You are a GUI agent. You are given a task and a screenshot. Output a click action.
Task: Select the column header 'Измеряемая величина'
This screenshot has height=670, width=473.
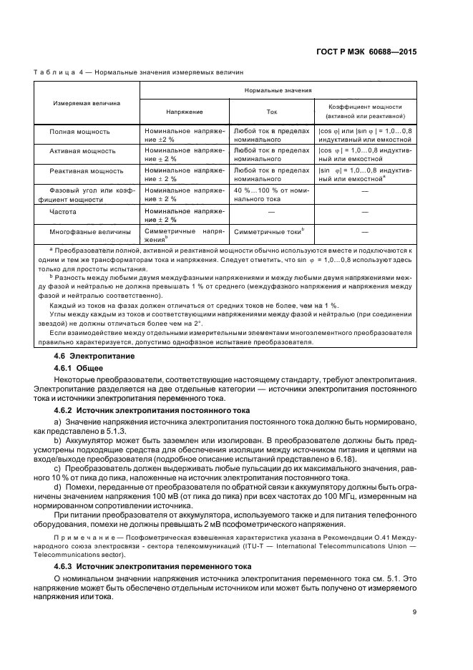(x=85, y=103)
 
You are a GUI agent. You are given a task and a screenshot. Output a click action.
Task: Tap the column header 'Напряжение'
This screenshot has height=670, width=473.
(x=184, y=112)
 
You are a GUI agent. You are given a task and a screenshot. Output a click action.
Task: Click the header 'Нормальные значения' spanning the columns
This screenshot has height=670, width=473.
(x=278, y=91)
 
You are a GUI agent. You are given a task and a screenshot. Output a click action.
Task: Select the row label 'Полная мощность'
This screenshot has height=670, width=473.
(x=79, y=132)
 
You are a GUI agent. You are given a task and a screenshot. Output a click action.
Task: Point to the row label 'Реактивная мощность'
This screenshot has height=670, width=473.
(x=86, y=171)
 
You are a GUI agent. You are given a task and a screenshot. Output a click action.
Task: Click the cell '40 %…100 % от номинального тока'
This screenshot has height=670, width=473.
(x=271, y=195)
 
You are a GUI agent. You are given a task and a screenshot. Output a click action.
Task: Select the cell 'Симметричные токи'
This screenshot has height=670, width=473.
(x=269, y=231)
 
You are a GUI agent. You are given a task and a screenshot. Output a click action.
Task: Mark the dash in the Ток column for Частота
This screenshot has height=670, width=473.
(x=271, y=212)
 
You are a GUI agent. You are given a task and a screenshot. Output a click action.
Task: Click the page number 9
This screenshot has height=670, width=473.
(x=414, y=611)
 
